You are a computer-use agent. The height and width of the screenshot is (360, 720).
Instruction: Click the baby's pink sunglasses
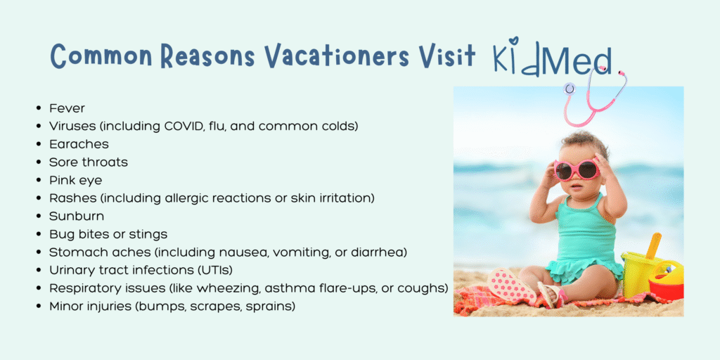[x=577, y=169]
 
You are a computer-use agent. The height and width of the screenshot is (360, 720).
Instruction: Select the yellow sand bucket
[x=638, y=274]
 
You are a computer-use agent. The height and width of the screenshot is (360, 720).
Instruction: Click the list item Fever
[x=67, y=109]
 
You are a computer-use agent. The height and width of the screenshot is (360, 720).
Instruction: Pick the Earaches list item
[x=79, y=144]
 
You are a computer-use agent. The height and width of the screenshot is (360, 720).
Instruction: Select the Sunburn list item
[x=77, y=217]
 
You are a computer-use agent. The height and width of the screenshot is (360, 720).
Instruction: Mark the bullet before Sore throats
[x=39, y=162]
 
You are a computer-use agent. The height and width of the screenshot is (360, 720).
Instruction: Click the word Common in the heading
[x=101, y=57]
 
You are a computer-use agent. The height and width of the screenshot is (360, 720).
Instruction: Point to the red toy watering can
[x=666, y=281]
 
